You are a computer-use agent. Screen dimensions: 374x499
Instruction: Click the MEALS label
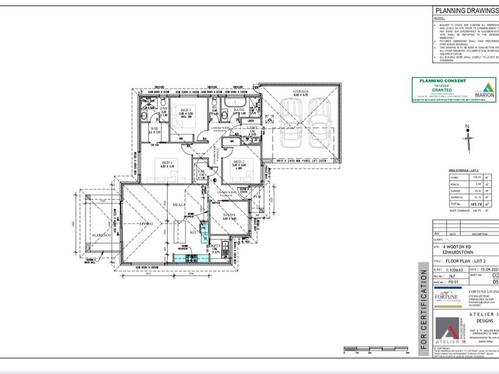(176, 203)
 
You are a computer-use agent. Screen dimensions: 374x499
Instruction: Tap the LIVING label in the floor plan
(147, 221)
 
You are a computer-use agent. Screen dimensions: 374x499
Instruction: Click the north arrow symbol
(467, 139)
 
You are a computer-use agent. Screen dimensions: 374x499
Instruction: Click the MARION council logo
(485, 91)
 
